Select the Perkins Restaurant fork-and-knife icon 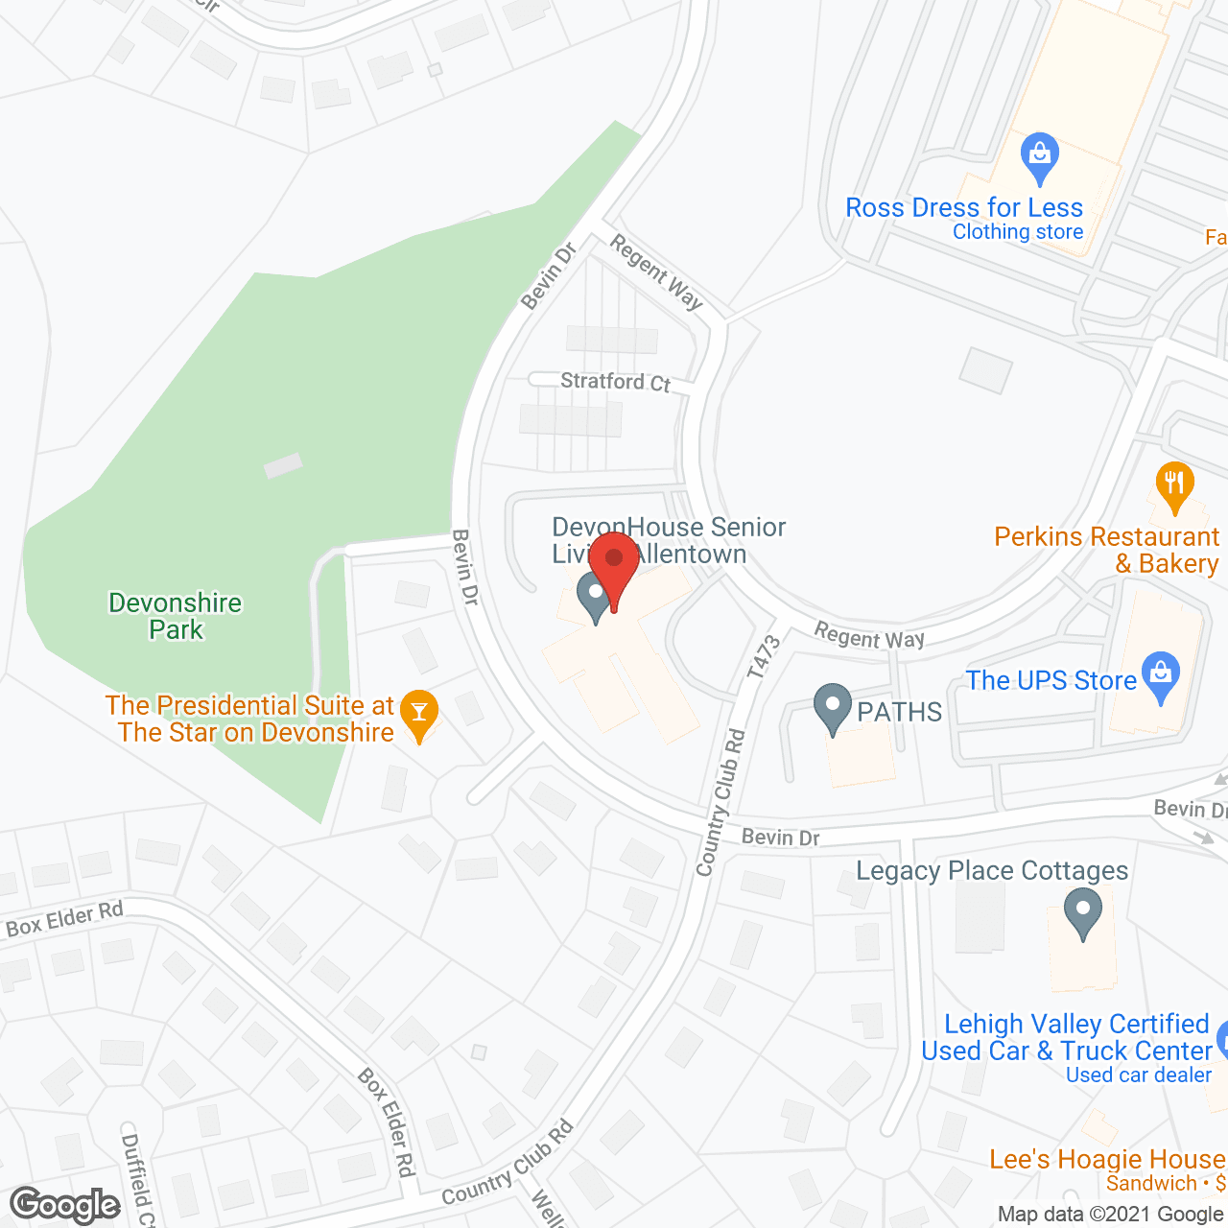point(1174,485)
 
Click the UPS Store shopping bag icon point(1161,675)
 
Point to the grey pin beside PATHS point(833,707)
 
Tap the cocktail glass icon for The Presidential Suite point(418,714)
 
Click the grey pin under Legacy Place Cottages point(1083,911)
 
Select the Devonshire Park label point(176,616)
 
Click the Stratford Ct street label point(615,382)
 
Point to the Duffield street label point(138,1179)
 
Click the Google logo point(65,1205)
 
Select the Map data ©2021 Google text point(1111,1214)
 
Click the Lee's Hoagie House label point(1107,1159)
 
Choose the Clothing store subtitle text point(1018,232)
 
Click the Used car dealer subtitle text point(1139,1075)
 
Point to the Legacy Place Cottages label point(992,870)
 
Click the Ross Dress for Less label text point(964,207)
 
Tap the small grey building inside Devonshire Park point(283,466)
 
